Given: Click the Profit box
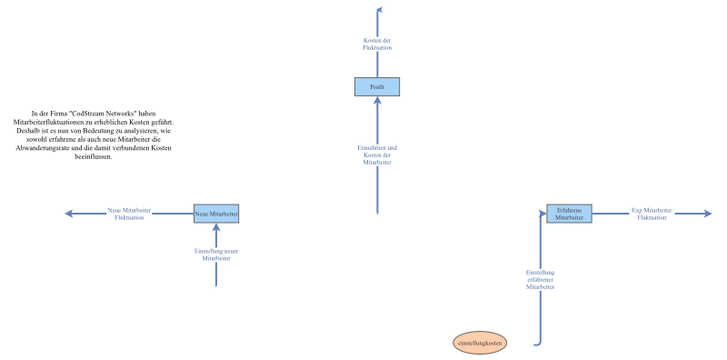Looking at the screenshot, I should click(x=377, y=86).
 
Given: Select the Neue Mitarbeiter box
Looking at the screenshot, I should click(x=216, y=214).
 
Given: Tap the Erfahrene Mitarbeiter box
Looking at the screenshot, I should click(x=569, y=214).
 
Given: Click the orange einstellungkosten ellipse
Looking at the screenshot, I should click(x=482, y=343).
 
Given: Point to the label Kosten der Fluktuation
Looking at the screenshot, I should click(x=377, y=44).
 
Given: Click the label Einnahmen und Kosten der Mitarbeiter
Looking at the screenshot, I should click(x=377, y=155).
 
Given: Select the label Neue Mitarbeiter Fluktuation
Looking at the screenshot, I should click(x=129, y=214).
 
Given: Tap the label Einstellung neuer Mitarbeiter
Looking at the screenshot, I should click(x=216, y=255).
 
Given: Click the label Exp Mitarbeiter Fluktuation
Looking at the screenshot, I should click(x=652, y=214).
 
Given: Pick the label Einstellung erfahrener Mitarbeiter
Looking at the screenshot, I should click(x=541, y=279).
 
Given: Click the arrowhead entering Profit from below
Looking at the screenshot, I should click(x=377, y=101).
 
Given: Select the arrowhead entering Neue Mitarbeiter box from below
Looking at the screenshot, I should click(x=216, y=228).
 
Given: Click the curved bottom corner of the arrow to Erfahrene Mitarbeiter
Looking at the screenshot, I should click(x=540, y=343).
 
